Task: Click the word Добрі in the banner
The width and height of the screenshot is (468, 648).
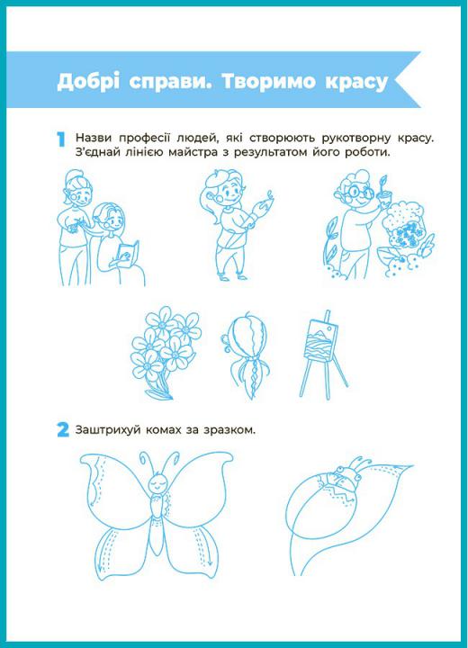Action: pos(88,81)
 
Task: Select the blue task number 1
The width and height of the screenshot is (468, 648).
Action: pos(61,139)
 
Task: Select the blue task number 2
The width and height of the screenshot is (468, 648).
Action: pos(63,430)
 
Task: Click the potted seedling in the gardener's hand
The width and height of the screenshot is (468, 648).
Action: pos(382,191)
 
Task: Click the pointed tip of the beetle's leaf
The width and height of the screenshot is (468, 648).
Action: pos(411,466)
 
